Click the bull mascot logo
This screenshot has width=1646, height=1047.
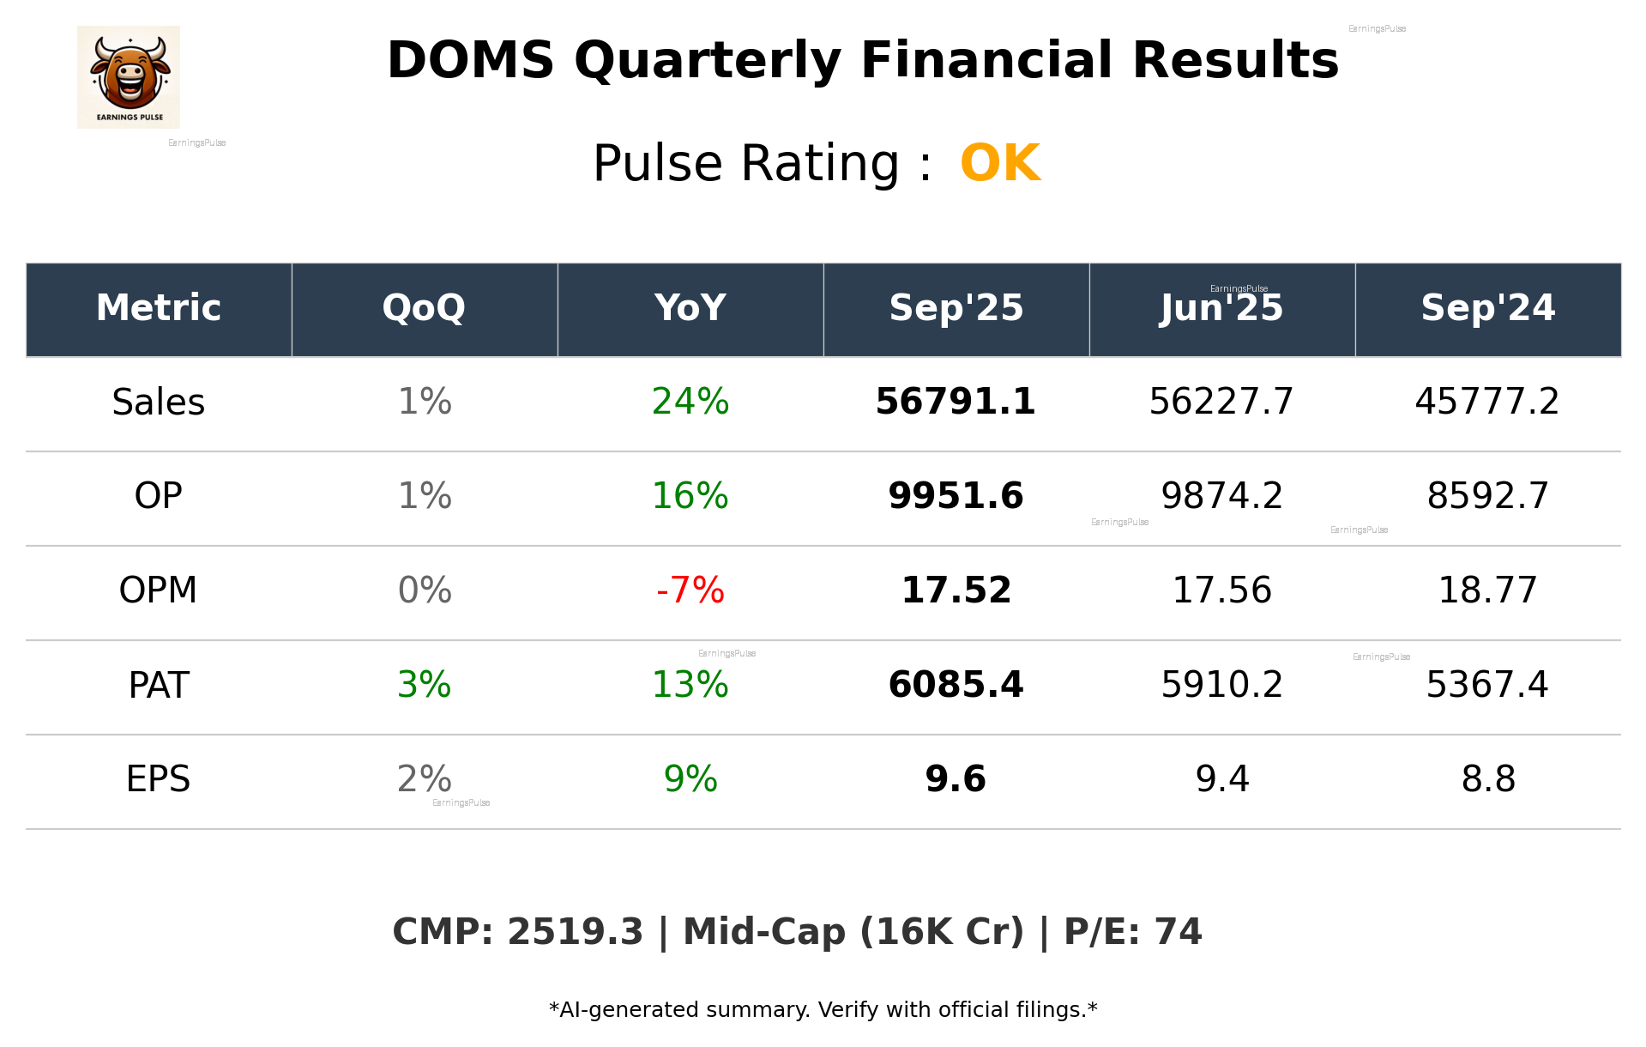pos(129,76)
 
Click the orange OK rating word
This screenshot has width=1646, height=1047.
pos(1000,163)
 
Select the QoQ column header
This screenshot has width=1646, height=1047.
pos(424,308)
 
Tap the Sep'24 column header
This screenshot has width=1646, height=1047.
pos(1487,308)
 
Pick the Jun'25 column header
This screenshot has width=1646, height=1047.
pos(1221,308)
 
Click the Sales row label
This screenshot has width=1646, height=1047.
pos(159,402)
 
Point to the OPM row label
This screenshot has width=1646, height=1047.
pos(158,590)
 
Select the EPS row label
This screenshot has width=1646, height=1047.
pos(158,779)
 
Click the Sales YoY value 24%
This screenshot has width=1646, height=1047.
pos(690,402)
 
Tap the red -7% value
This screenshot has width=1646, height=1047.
pos(690,590)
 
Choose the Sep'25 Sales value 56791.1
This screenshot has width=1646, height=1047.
pos(956,402)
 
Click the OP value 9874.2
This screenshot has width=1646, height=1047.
pos(1221,496)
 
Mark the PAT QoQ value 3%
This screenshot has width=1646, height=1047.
pos(424,685)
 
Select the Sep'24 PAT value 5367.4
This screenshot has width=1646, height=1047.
pos(1487,685)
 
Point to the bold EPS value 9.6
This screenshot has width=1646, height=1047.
pos(956,779)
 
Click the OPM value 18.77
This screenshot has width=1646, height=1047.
pos(1487,590)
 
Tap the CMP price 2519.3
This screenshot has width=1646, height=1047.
pos(575,932)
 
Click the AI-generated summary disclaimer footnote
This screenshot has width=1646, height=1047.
pos(823,1010)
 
